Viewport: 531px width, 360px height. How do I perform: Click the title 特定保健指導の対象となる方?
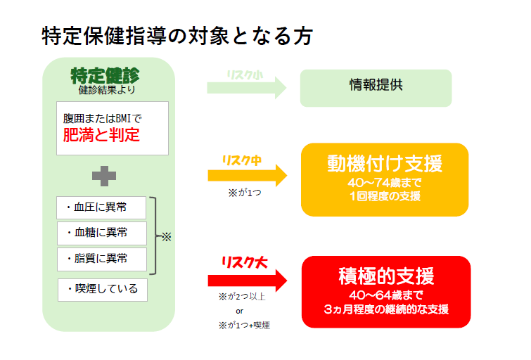(x=177, y=36)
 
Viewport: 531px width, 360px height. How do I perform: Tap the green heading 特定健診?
(x=105, y=75)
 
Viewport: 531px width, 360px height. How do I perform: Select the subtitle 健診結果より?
(x=107, y=90)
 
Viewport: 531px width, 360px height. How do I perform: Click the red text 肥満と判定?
(x=101, y=135)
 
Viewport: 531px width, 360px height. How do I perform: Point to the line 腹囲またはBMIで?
(x=102, y=119)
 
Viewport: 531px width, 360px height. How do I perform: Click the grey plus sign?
(x=104, y=176)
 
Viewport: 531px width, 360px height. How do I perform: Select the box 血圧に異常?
(x=101, y=207)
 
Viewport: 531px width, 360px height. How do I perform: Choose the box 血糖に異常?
(x=102, y=233)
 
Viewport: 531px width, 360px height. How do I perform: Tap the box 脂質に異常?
(x=102, y=259)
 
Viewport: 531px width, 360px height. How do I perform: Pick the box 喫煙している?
(x=103, y=290)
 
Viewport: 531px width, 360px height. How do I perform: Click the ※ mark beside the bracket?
(x=166, y=236)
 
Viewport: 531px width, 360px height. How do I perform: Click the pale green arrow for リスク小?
(x=247, y=88)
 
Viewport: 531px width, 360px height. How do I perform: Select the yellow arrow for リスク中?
(x=248, y=175)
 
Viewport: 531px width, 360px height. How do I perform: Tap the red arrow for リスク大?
(x=248, y=281)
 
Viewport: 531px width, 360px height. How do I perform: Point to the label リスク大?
(x=245, y=262)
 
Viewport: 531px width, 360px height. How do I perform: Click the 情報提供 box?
(x=376, y=88)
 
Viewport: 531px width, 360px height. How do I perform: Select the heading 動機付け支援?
(x=385, y=164)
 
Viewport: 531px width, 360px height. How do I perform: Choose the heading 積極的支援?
(x=386, y=276)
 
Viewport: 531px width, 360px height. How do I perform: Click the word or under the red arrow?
(x=239, y=311)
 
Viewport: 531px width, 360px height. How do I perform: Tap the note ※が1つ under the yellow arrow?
(x=245, y=193)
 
